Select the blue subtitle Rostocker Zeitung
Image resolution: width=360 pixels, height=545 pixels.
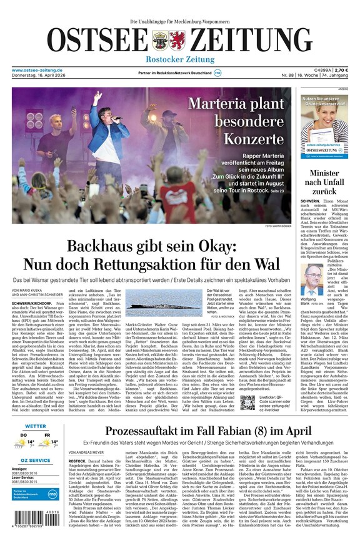pyautogui.click(x=180, y=59)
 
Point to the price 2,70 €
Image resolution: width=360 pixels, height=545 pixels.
pyautogui.click(x=341, y=70)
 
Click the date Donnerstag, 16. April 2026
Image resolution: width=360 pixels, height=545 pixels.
pyautogui.click(x=43, y=76)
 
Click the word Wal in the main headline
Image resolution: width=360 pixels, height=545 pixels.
pyautogui.click(x=265, y=264)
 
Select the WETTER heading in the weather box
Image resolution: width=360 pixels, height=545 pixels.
pyautogui.click(x=36, y=426)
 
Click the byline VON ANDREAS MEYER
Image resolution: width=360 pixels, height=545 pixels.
pyautogui.click(x=86, y=451)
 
